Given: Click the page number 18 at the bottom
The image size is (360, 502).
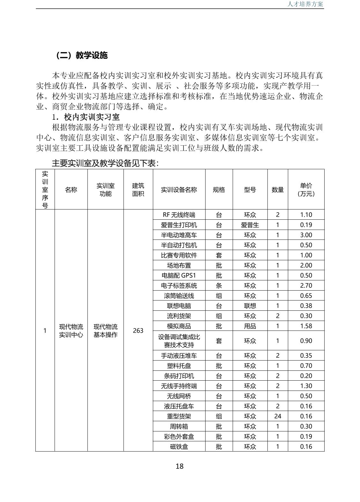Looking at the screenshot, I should (179, 466).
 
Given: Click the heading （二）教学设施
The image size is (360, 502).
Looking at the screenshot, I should (82, 55).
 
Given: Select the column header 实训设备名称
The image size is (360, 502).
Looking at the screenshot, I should (179, 190).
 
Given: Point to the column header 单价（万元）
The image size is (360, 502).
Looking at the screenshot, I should (306, 190).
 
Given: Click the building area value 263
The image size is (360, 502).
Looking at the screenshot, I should (138, 331).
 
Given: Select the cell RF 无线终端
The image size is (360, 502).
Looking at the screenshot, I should (179, 215).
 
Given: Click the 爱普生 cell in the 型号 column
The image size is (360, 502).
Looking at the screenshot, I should (250, 225).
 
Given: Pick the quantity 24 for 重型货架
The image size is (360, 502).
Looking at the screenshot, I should (277, 416).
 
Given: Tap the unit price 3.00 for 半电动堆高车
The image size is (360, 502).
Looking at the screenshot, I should (306, 235).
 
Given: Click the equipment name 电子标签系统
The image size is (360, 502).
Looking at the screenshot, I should (179, 285).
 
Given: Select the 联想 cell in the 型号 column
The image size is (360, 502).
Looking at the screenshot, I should (250, 306).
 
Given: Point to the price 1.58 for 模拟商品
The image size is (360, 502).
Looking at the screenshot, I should (306, 326).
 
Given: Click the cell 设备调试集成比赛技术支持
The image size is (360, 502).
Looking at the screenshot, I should (179, 341).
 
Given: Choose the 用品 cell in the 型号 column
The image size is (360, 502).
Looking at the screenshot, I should (250, 326).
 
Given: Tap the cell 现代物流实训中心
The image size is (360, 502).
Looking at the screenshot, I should (71, 331).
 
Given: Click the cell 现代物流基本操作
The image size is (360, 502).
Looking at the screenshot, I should (105, 331).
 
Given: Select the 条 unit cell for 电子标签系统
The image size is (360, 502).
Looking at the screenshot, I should (219, 285).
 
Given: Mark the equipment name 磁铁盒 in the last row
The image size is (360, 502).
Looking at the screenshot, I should (179, 446).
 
